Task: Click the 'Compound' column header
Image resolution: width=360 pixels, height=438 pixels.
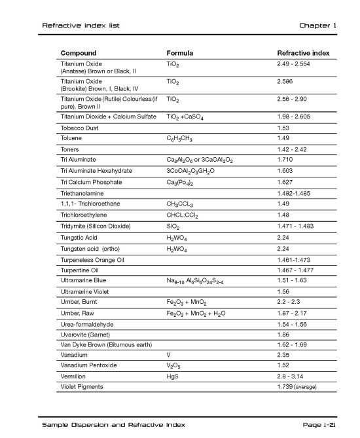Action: [x=79, y=53]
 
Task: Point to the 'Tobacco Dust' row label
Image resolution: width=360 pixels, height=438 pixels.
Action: [x=80, y=128]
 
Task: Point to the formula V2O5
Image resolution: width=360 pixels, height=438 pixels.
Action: [x=175, y=365]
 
